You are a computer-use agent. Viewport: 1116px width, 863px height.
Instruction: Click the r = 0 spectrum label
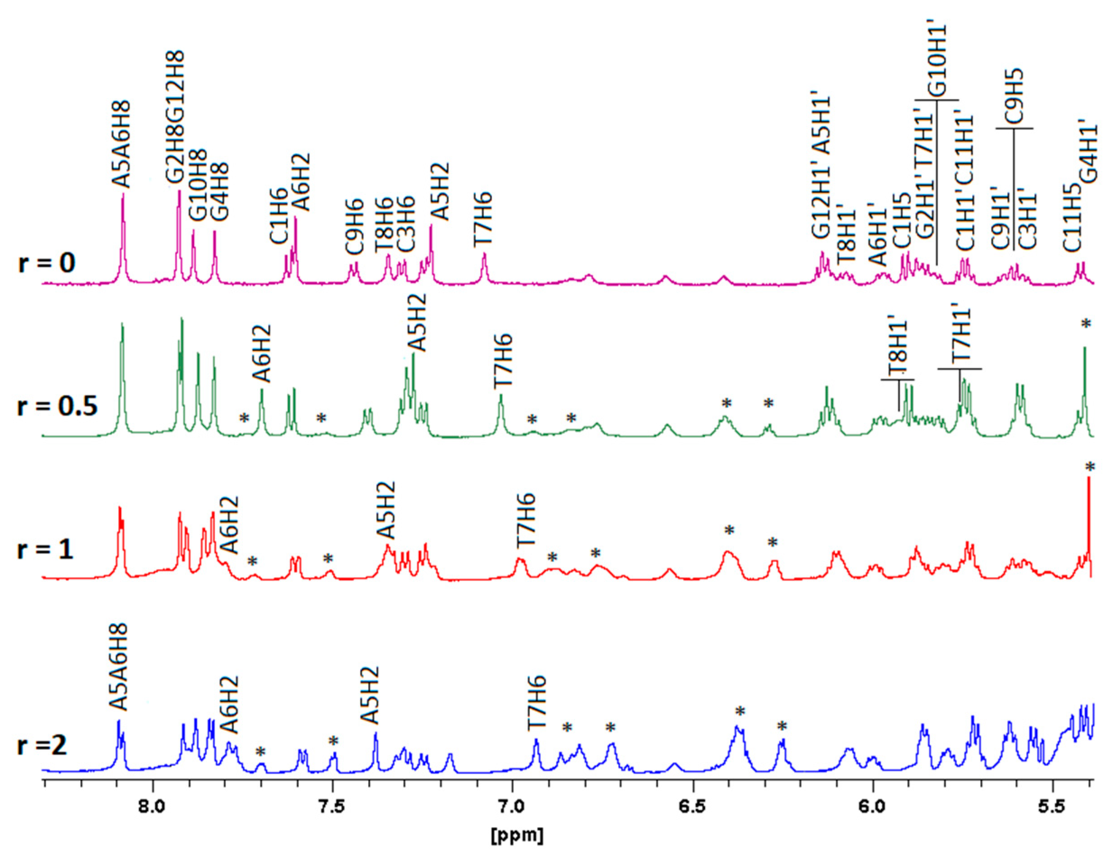tap(47, 265)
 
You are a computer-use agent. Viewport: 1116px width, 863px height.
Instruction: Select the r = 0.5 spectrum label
tap(57, 408)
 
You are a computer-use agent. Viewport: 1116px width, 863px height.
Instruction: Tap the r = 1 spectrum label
tap(46, 551)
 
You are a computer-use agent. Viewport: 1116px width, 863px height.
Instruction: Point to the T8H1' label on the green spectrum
tap(898, 349)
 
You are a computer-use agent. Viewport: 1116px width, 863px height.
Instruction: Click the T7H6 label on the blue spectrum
tap(537, 701)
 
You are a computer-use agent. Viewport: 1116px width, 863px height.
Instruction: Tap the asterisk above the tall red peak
tap(1090, 467)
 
